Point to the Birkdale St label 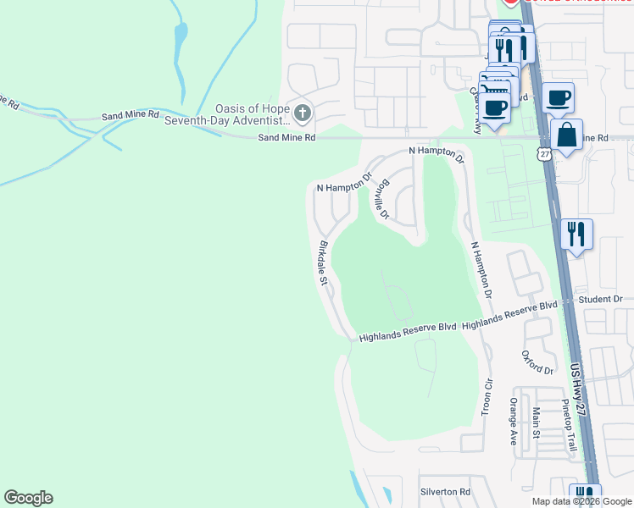point(323,263)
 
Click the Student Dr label point(600,300)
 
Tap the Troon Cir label point(487,397)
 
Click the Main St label point(536,423)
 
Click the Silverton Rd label point(445,492)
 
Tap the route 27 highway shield point(543,153)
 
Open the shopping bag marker point(566,135)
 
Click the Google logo point(28,498)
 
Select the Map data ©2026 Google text point(581,501)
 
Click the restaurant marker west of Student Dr point(576,234)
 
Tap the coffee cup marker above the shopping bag point(558,97)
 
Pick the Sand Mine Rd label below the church point(286,137)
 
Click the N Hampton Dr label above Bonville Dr point(436,153)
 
